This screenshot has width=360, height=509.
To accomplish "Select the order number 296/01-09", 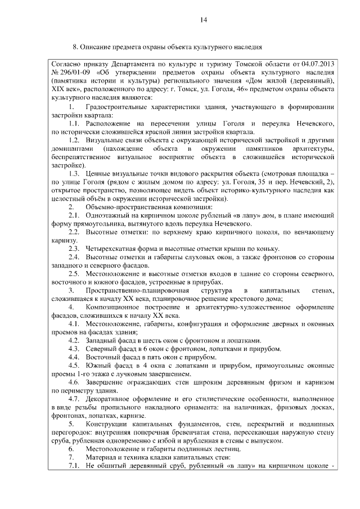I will (x=74, y=73).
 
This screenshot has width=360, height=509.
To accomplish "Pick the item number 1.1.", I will (x=75, y=123).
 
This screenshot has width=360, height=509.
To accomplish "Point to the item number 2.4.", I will (x=75, y=257).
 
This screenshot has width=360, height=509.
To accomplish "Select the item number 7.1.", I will (x=75, y=466).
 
